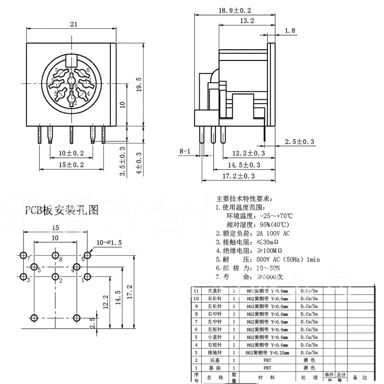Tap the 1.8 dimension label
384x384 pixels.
click(290, 31)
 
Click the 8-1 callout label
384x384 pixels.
click(185, 152)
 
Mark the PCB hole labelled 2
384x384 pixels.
click(56, 276)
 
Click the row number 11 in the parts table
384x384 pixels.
click(195, 291)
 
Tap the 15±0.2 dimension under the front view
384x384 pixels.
click(71, 165)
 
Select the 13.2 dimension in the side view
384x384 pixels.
click(247, 21)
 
